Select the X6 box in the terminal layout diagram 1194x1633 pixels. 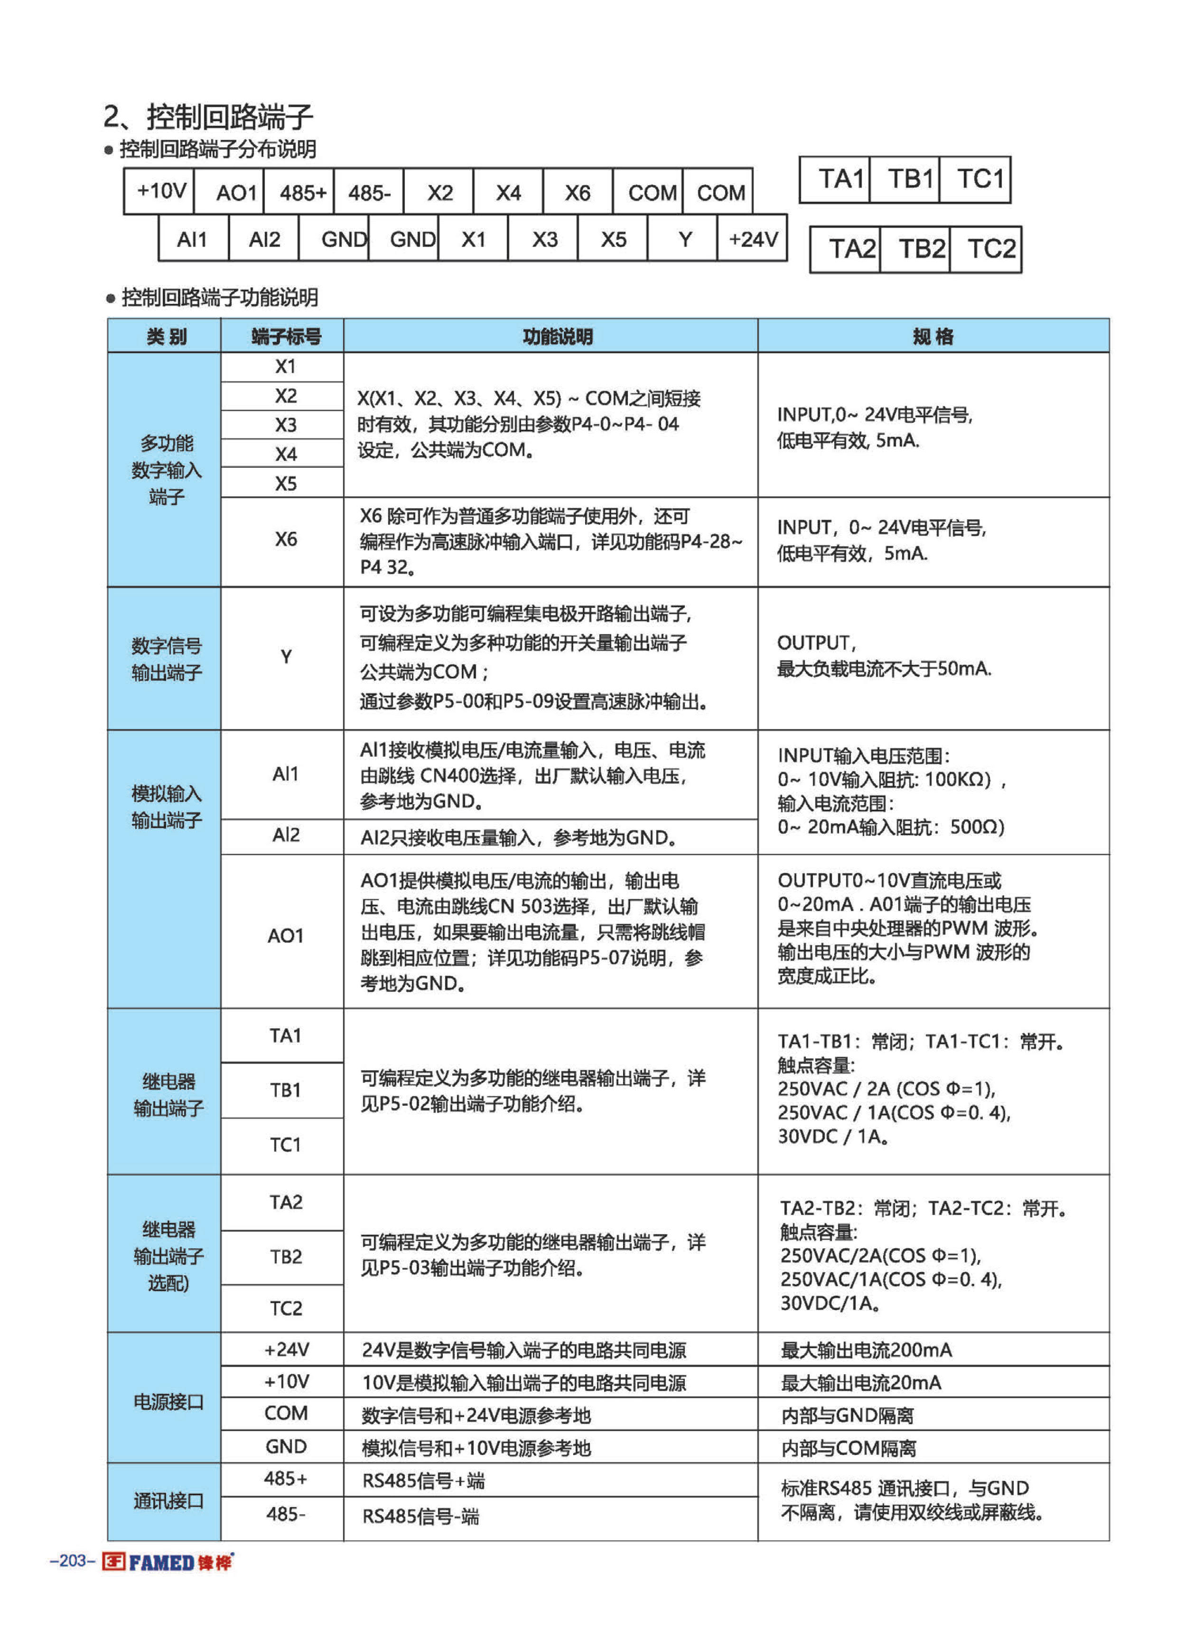[x=578, y=192]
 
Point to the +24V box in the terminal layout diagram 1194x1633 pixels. [x=752, y=238]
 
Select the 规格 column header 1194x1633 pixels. [x=933, y=336]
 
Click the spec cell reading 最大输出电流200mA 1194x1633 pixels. [x=866, y=1349]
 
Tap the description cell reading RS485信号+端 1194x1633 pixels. [x=423, y=1481]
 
